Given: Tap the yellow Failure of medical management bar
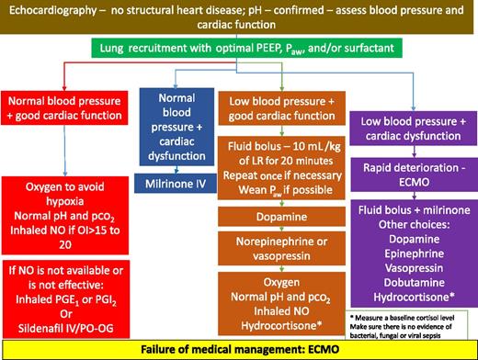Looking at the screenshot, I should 238,349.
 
